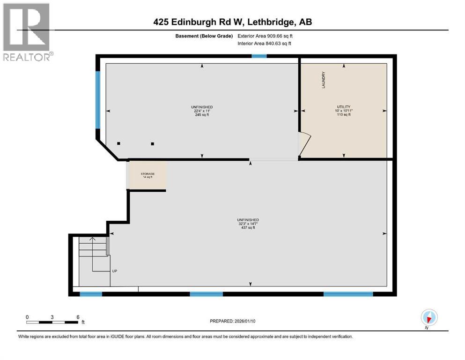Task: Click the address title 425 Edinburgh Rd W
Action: [x=232, y=22]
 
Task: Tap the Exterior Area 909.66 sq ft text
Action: [x=268, y=36]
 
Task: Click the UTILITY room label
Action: [x=344, y=107]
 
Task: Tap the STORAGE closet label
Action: [x=148, y=174]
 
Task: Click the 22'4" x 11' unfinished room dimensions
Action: [x=202, y=111]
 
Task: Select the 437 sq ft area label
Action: [x=248, y=228]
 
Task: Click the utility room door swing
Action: [x=304, y=144]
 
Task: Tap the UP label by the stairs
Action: [x=114, y=271]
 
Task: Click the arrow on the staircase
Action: [x=92, y=240]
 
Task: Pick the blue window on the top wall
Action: [x=259, y=56]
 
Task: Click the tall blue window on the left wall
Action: [x=98, y=99]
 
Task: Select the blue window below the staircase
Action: [x=91, y=294]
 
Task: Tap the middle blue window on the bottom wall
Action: [x=206, y=294]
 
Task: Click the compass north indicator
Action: [x=428, y=317]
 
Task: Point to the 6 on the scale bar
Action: [x=77, y=317]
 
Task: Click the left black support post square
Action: [x=119, y=143]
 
